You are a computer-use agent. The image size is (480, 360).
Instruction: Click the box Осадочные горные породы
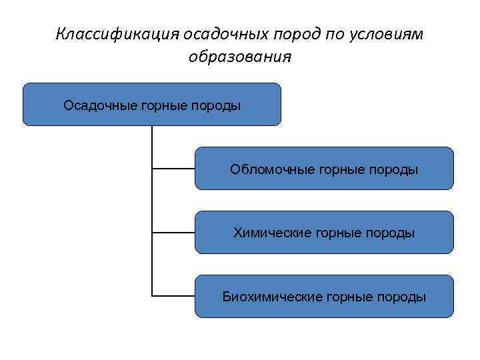152,105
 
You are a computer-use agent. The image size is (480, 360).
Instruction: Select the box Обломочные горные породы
324,169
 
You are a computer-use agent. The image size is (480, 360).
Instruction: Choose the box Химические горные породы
324,233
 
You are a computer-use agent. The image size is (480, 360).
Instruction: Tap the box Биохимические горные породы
324,297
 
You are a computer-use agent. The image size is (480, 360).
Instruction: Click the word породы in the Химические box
393,233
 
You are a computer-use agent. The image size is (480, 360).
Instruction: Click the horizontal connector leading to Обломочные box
173,169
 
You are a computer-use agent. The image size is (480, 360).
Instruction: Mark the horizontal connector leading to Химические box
173,233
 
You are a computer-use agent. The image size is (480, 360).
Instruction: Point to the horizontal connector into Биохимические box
173,295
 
